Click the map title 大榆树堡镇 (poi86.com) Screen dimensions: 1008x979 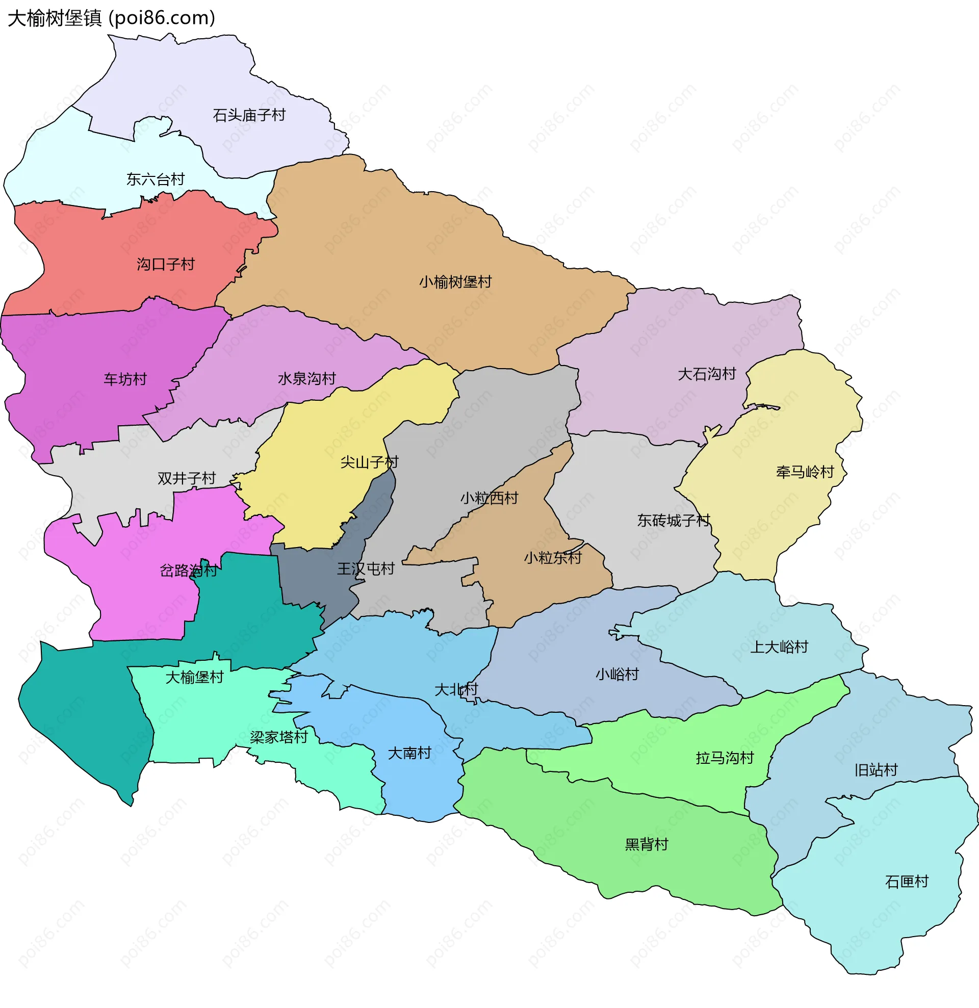tap(111, 18)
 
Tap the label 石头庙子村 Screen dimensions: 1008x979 tap(249, 115)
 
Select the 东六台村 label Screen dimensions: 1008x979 tap(156, 179)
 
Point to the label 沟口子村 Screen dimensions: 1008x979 tap(166, 264)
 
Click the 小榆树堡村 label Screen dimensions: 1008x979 tap(455, 282)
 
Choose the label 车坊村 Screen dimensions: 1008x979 tap(125, 379)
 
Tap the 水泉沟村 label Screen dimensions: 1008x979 tap(306, 379)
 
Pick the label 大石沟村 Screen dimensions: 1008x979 tap(707, 374)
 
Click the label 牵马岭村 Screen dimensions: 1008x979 tap(805, 472)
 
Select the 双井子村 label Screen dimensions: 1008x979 tap(186, 478)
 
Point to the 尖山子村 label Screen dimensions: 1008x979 tap(369, 462)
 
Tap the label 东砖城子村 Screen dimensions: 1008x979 tap(674, 521)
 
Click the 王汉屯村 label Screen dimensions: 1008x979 tap(366, 569)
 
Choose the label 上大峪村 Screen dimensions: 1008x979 tap(779, 647)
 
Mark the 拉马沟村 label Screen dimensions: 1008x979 tap(725, 758)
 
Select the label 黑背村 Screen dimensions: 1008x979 tap(646, 844)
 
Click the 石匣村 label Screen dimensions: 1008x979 tap(907, 882)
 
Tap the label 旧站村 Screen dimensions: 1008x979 tap(875, 770)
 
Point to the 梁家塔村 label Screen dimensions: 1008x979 tap(279, 737)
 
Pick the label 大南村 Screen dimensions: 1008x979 tap(409, 754)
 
